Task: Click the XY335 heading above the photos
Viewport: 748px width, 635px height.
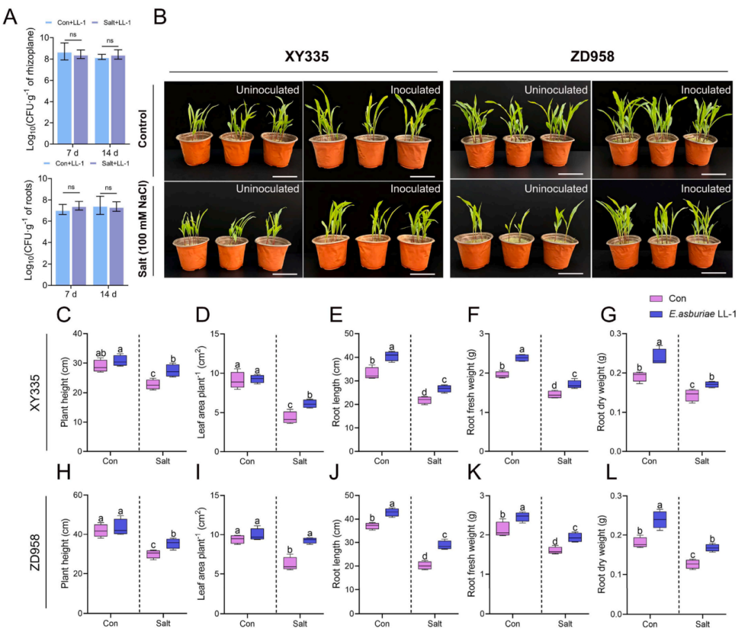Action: tap(307, 56)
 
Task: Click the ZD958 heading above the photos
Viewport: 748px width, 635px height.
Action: tap(592, 56)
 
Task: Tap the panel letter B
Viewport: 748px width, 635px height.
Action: tap(160, 17)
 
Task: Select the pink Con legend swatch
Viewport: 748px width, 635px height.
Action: tap(656, 298)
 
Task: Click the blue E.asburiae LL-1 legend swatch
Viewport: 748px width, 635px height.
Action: tap(656, 314)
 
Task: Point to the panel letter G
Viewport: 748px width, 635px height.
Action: tap(609, 315)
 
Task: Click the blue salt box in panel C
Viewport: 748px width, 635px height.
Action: tap(172, 370)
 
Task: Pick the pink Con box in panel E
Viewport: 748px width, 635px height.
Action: tap(372, 373)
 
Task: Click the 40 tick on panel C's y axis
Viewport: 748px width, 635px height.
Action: tap(78, 334)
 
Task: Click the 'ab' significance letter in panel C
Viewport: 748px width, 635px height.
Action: tap(100, 353)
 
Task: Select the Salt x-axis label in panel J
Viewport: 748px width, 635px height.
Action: tap(434, 623)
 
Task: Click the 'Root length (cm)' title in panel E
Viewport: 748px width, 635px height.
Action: tap(337, 391)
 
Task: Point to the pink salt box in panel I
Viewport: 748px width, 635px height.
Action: tap(290, 563)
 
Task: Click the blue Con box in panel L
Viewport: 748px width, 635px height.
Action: tap(660, 519)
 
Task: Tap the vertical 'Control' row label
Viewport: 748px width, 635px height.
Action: tap(142, 128)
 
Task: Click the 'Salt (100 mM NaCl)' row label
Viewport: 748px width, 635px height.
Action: tap(142, 229)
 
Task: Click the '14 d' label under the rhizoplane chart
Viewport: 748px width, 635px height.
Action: tap(109, 152)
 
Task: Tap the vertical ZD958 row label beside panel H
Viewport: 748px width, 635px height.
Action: tap(35, 553)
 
